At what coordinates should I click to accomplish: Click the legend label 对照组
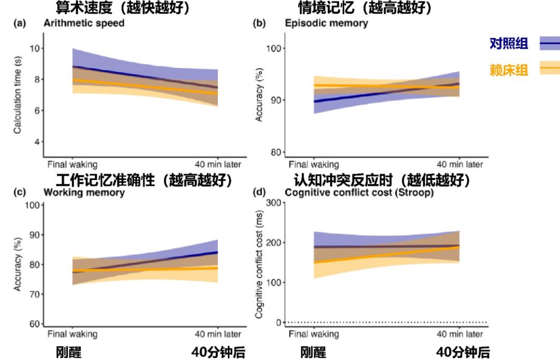[x=509, y=44]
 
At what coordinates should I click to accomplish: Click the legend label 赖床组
[x=509, y=70]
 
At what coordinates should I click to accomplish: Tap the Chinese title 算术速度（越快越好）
[x=122, y=8]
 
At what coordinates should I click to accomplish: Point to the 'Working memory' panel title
[x=84, y=192]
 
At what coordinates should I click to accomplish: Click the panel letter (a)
[x=24, y=23]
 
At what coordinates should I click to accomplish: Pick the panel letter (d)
[x=259, y=192]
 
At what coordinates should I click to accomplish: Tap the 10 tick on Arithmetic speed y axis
[x=36, y=48]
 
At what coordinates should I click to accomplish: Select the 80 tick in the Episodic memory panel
[x=274, y=152]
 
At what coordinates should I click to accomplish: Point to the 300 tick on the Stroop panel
[x=272, y=203]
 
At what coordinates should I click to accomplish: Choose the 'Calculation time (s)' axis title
[x=18, y=95]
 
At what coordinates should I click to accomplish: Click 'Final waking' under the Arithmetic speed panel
[x=73, y=165]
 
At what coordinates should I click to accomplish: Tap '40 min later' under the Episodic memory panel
[x=459, y=165]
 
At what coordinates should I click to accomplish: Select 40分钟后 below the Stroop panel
[x=463, y=353]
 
